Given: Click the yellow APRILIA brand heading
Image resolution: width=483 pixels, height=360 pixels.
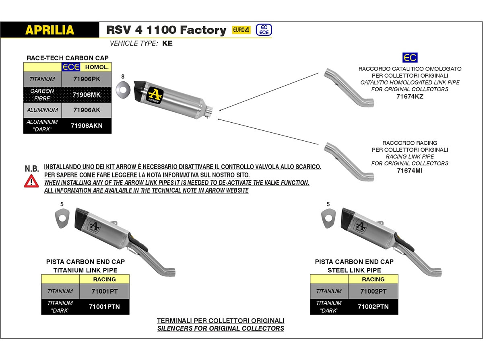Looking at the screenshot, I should pos(50,30).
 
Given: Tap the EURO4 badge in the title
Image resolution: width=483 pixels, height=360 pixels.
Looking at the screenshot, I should pos(241,30).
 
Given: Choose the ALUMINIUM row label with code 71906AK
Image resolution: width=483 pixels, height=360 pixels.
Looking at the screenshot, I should pos(42,110).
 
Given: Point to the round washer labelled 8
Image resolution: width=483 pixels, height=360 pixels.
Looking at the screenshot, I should pos(123,90).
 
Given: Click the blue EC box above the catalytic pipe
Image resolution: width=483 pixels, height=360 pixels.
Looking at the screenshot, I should pos(410,58).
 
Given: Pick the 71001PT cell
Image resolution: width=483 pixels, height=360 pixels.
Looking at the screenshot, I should pos(104,291).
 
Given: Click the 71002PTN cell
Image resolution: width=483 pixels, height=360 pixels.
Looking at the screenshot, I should pos(373,307).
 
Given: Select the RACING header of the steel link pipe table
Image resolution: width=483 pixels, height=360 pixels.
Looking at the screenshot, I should pos(373,279).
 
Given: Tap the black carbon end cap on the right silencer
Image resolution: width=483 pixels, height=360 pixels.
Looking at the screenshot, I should pos(347,218).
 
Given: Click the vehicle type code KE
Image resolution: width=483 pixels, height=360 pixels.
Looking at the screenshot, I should pos(167,43).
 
